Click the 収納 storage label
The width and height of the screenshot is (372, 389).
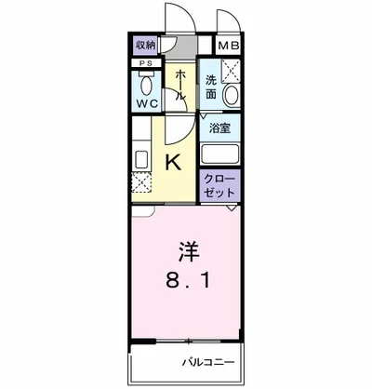[x=145, y=45]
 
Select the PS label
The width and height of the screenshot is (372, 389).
[x=145, y=64]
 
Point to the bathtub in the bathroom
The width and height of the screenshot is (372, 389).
[x=219, y=154]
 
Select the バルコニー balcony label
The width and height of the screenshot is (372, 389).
[x=208, y=362]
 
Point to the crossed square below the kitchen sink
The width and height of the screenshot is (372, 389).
[x=141, y=184]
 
